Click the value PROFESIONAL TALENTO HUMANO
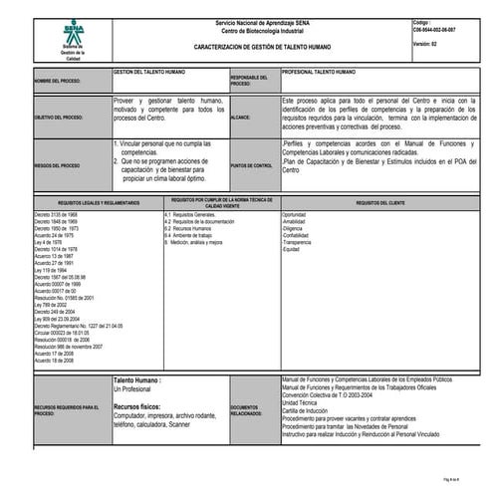(319, 73)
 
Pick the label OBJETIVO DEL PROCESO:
(58, 117)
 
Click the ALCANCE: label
(240, 117)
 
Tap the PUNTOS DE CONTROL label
(251, 164)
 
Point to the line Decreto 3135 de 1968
(56, 214)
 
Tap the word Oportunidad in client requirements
(294, 214)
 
